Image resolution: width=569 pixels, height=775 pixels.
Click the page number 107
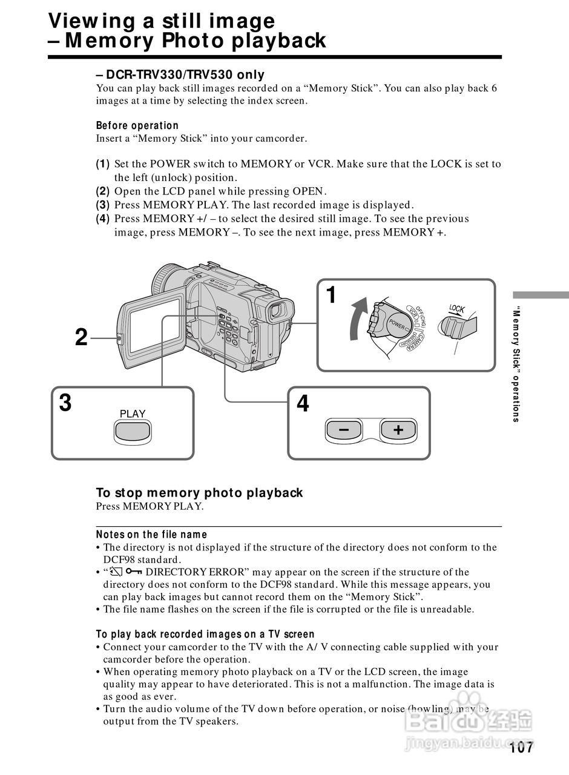(x=521, y=748)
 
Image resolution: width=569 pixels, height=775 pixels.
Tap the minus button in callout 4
(x=343, y=429)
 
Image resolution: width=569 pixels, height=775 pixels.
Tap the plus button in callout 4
(x=398, y=429)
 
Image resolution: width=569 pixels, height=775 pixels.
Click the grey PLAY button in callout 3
(x=133, y=432)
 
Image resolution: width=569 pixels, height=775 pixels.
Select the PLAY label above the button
(x=133, y=414)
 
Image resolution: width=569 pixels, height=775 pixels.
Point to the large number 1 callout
(x=331, y=295)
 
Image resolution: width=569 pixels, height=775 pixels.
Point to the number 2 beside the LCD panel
(x=81, y=337)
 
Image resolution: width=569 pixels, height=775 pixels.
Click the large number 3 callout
(x=65, y=403)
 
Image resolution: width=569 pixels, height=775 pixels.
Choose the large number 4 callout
(x=303, y=403)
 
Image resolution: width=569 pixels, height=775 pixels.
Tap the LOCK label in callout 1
(x=457, y=309)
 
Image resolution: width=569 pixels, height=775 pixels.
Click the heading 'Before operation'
(x=137, y=125)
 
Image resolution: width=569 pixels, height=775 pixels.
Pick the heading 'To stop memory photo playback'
(x=199, y=493)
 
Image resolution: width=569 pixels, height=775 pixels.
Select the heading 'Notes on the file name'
(x=151, y=535)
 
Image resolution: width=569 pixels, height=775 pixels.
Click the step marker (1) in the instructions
(x=103, y=164)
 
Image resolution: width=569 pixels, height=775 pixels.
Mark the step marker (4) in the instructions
(x=103, y=219)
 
